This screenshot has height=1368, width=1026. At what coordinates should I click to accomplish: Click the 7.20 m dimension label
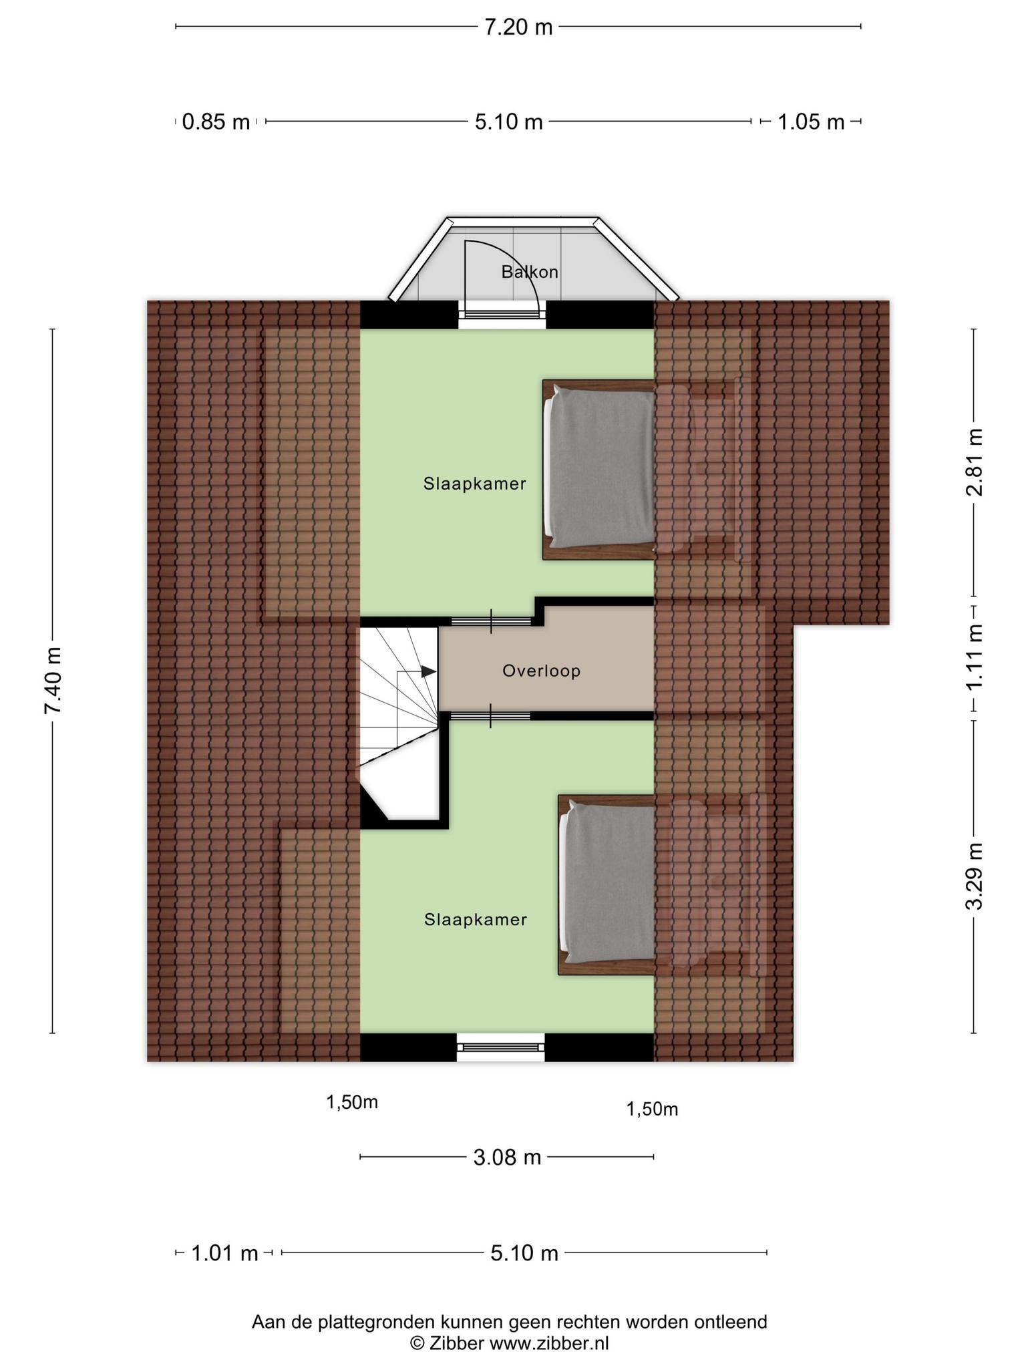click(518, 27)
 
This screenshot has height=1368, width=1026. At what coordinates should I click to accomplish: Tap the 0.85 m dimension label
click(216, 122)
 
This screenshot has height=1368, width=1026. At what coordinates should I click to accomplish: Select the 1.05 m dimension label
click(811, 122)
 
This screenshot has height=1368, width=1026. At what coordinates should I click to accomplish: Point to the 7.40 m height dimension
click(53, 680)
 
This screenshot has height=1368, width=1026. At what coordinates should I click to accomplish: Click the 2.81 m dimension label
click(974, 462)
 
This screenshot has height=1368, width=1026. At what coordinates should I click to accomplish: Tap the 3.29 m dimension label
click(974, 875)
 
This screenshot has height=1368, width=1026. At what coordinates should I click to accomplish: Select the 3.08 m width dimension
click(507, 1157)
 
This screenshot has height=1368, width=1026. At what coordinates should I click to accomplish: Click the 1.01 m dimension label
click(224, 1253)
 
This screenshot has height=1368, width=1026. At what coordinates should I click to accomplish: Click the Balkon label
click(530, 272)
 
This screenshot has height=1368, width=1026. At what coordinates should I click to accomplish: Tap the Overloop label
click(542, 671)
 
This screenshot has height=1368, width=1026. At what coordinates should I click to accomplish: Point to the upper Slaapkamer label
click(475, 484)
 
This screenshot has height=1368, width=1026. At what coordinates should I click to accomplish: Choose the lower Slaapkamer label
click(476, 920)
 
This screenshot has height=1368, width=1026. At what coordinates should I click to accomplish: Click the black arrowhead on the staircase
click(428, 671)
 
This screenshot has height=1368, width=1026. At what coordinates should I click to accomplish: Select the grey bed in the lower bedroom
click(607, 884)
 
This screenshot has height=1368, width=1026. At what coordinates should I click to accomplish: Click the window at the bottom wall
click(501, 1047)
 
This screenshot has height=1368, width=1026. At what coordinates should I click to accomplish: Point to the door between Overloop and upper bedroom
click(492, 621)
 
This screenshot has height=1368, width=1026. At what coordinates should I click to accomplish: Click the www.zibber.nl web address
click(549, 1343)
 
